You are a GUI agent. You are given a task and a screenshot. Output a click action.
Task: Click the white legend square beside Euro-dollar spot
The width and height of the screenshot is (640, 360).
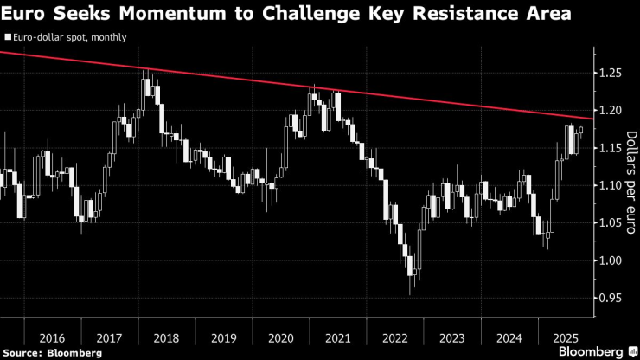8,38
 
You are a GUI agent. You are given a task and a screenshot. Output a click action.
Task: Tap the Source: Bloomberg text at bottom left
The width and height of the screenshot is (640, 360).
40,353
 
